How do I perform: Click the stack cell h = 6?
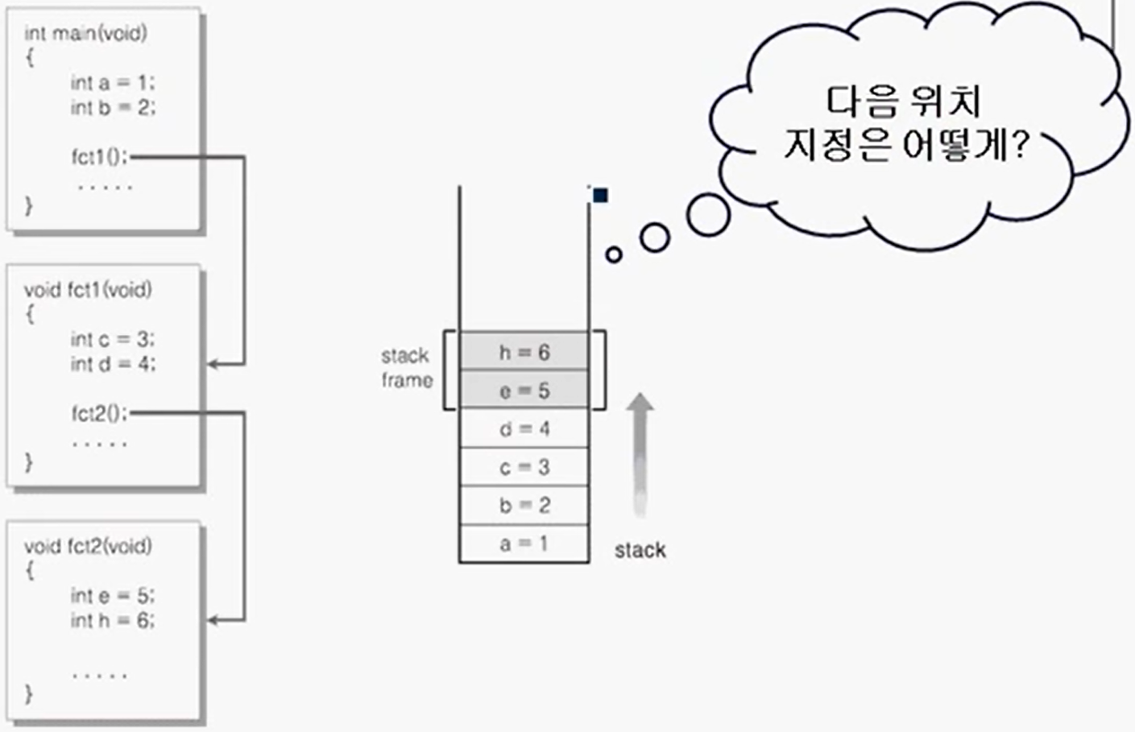point(524,352)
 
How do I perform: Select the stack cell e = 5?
point(524,391)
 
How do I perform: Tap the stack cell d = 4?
point(524,428)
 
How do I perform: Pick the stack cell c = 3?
point(524,467)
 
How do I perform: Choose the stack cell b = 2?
point(524,505)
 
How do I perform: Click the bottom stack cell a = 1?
point(524,544)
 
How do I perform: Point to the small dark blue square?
point(600,196)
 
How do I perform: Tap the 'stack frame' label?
point(406,367)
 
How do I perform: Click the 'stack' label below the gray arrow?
point(640,550)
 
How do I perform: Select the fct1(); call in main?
point(99,156)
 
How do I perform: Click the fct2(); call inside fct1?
point(99,413)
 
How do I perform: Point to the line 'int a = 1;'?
point(112,82)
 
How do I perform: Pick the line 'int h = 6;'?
point(112,620)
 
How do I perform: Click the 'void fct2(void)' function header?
point(87,546)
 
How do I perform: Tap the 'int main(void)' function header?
point(85,33)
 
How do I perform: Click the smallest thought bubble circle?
point(614,255)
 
